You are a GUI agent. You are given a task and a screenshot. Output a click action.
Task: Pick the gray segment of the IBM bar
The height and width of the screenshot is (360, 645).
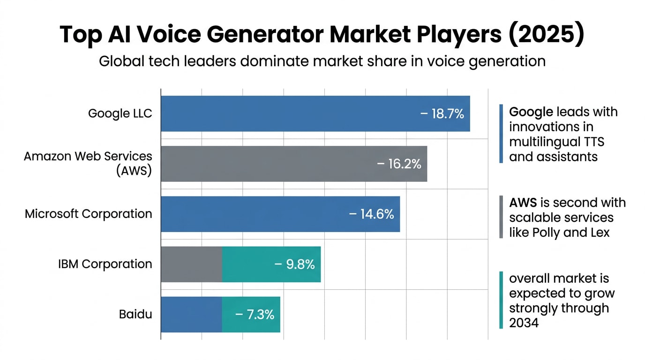[x=191, y=264]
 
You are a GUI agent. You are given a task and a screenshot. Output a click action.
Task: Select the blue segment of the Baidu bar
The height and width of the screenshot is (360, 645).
[x=191, y=314]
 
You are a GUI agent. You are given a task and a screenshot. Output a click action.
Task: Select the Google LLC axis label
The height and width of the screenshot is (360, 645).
[x=120, y=113]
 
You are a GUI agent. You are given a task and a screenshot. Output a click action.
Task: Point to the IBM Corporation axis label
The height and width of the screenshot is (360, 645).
[x=105, y=264]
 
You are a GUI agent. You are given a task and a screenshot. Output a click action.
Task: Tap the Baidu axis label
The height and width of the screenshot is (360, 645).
[x=135, y=314]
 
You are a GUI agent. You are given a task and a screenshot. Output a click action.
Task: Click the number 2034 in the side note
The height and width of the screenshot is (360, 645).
[x=524, y=322]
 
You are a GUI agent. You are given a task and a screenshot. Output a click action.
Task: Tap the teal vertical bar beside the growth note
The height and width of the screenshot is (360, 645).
[x=501, y=300]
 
